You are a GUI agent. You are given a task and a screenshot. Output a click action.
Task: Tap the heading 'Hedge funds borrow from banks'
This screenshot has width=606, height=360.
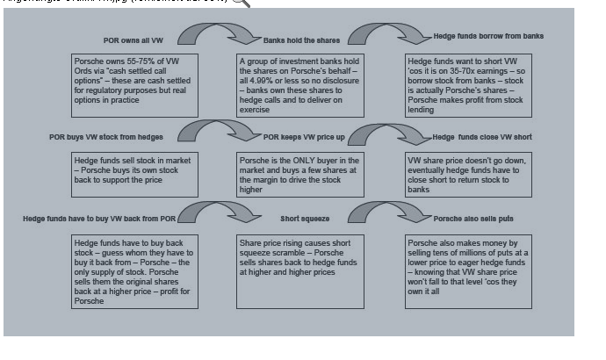[488, 37]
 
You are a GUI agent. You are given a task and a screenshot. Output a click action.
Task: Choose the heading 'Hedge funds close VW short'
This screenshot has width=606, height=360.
[482, 137]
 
